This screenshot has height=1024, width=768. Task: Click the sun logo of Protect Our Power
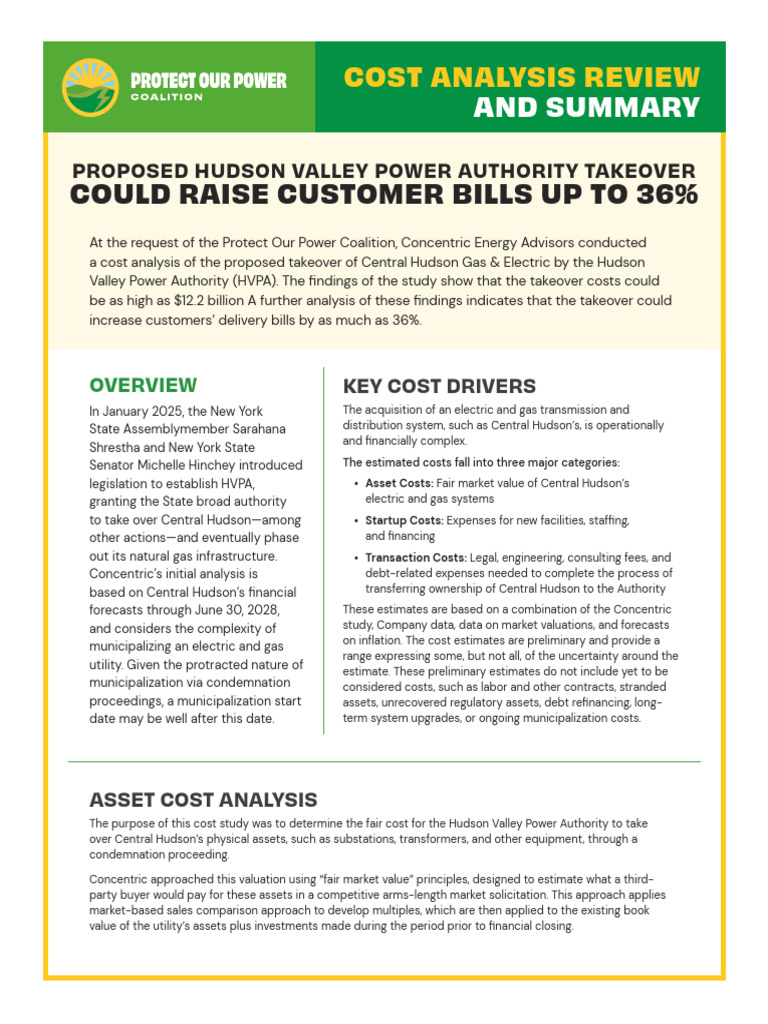pyautogui.click(x=89, y=87)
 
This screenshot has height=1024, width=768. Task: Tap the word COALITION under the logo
pyautogui.click(x=166, y=97)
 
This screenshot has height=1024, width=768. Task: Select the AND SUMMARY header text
pyautogui.click(x=586, y=107)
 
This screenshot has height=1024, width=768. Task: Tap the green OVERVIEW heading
pyautogui.click(x=143, y=385)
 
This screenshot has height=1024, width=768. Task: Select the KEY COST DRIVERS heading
pyautogui.click(x=439, y=386)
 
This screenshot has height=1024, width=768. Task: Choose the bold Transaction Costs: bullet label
pyautogui.click(x=416, y=558)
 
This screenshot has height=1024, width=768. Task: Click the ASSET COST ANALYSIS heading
pyautogui.click(x=203, y=799)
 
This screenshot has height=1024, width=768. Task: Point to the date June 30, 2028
pyautogui.click(x=238, y=610)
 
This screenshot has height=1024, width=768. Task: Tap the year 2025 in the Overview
pyautogui.click(x=175, y=411)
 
